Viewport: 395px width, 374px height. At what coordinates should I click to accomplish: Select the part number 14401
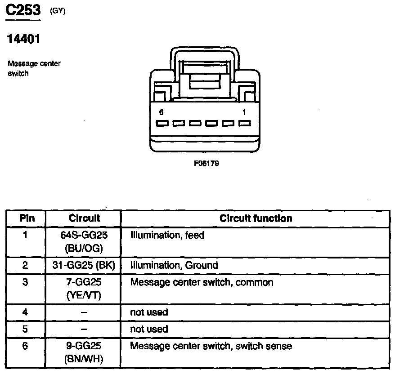23,39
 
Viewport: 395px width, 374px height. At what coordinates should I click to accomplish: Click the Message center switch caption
34,68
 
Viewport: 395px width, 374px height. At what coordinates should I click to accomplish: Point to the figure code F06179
206,164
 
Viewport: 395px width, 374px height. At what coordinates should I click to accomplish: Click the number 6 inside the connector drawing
161,112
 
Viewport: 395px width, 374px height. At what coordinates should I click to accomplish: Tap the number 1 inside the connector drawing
243,112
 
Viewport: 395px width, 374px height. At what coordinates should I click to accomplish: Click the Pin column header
27,218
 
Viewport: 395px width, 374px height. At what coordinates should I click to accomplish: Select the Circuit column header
84,218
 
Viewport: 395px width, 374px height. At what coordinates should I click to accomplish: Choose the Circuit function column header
256,218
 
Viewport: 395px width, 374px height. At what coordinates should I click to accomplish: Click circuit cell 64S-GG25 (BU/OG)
84,241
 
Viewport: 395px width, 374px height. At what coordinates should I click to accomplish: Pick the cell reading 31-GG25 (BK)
84,265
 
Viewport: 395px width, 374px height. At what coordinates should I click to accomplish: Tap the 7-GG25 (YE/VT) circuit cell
84,289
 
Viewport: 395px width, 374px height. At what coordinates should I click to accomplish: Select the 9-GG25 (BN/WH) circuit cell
84,352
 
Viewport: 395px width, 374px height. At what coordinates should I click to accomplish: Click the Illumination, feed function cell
167,235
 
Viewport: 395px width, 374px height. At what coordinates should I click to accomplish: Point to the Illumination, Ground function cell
174,265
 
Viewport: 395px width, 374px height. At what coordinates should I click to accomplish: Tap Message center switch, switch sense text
211,346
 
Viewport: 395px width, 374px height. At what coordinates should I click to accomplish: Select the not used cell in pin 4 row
149,312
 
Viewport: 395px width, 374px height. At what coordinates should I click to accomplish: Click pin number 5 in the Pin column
26,329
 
